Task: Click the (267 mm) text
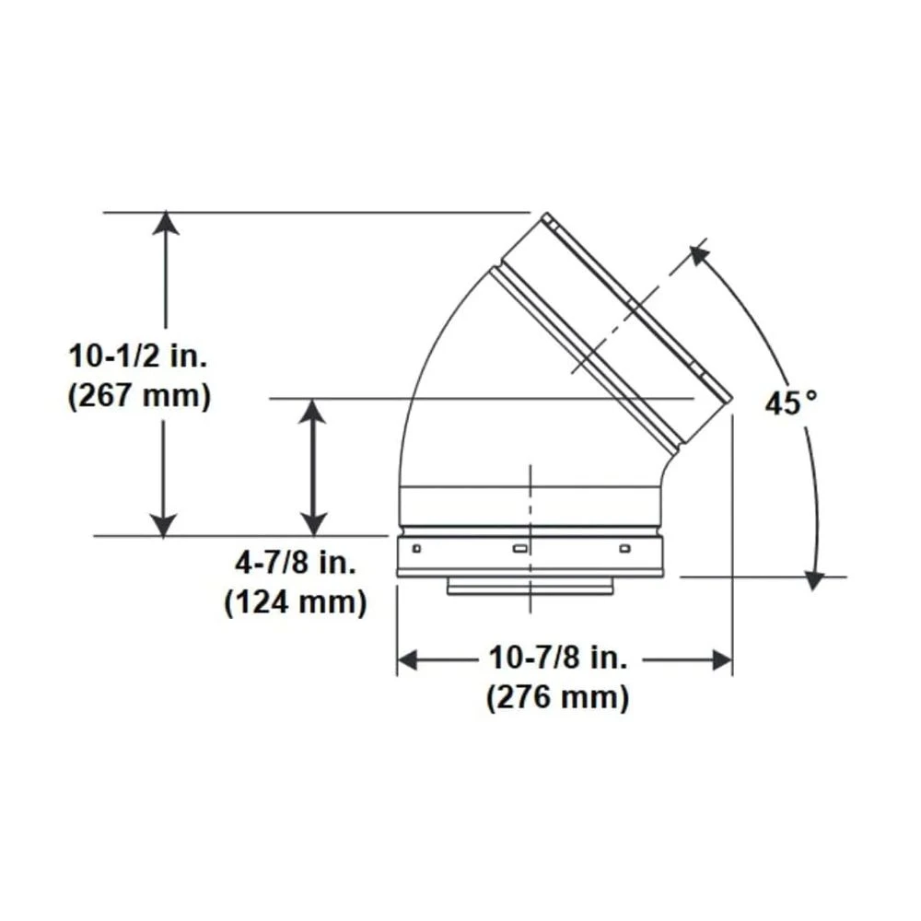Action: (140, 396)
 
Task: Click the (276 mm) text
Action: (558, 697)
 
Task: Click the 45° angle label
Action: (790, 402)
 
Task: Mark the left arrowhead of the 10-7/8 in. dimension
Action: (407, 659)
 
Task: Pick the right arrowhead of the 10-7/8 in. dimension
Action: (722, 659)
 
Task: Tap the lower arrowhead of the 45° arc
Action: (812, 579)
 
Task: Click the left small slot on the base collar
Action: (416, 549)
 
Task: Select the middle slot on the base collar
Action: (519, 549)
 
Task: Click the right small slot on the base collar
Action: (625, 549)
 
